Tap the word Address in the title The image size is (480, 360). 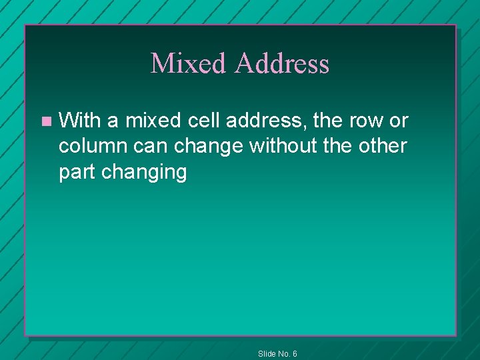281,63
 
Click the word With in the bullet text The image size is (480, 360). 79,121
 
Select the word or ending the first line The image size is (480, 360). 399,121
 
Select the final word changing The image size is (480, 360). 144,172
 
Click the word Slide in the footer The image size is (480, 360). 266,354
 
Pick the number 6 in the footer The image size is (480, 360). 295,354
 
